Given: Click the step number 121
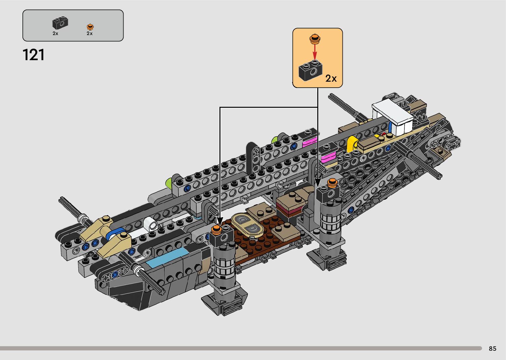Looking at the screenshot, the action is click(33, 55).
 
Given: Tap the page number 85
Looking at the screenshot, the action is click(492, 348).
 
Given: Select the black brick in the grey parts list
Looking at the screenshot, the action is click(60, 23).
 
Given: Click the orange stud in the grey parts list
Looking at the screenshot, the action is click(90, 27).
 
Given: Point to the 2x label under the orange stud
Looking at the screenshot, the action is click(90, 33).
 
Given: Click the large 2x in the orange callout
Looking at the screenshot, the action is click(331, 78).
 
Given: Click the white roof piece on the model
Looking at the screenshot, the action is click(393, 116).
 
